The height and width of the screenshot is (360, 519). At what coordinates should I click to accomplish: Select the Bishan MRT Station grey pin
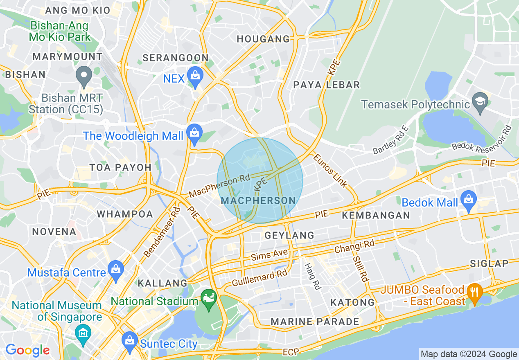pyautogui.click(x=84, y=76)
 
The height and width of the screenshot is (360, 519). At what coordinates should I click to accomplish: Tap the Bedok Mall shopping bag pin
pyautogui.click(x=468, y=200)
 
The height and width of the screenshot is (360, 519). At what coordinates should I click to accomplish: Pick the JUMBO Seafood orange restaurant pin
pyautogui.click(x=474, y=292)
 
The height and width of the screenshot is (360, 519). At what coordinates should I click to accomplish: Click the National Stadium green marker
pyautogui.click(x=209, y=298)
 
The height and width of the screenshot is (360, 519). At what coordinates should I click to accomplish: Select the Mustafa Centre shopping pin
pyautogui.click(x=116, y=270)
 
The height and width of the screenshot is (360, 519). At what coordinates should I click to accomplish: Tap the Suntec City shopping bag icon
pyautogui.click(x=130, y=341)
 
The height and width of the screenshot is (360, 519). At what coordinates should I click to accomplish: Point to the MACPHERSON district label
pyautogui.click(x=258, y=200)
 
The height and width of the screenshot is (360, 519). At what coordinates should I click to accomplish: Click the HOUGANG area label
pyautogui.click(x=263, y=39)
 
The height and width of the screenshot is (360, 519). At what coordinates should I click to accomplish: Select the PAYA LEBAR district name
pyautogui.click(x=327, y=85)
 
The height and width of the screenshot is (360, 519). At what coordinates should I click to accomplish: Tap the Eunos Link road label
pyautogui.click(x=330, y=171)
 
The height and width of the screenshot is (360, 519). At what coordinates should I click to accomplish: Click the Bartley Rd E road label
pyautogui.click(x=390, y=140)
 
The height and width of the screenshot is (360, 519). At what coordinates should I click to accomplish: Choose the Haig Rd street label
pyautogui.click(x=311, y=277)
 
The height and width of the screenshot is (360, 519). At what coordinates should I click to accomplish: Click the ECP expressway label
pyautogui.click(x=291, y=352)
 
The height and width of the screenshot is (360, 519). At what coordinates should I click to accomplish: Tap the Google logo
pyautogui.click(x=27, y=350)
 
